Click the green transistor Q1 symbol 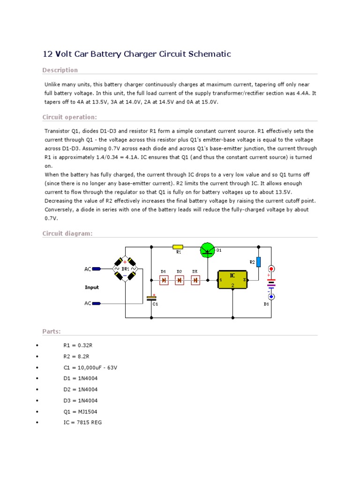pyautogui.click(x=207, y=250)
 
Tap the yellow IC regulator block pyautogui.click(x=233, y=280)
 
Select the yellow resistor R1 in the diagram pyautogui.click(x=178, y=246)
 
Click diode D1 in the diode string pyautogui.click(x=164, y=280)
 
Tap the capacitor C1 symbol pyautogui.click(x=151, y=298)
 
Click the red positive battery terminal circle pyautogui.click(x=271, y=269)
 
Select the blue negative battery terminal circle pyautogui.click(x=271, y=297)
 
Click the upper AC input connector pyautogui.click(x=97, y=269)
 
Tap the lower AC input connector pyautogui.click(x=97, y=303)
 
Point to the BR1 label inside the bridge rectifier pyautogui.click(x=125, y=270)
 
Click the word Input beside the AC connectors pyautogui.click(x=92, y=287)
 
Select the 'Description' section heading pyautogui.click(x=60, y=70)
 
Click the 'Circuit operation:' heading pyautogui.click(x=69, y=117)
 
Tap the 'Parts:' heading pyautogui.click(x=52, y=332)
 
